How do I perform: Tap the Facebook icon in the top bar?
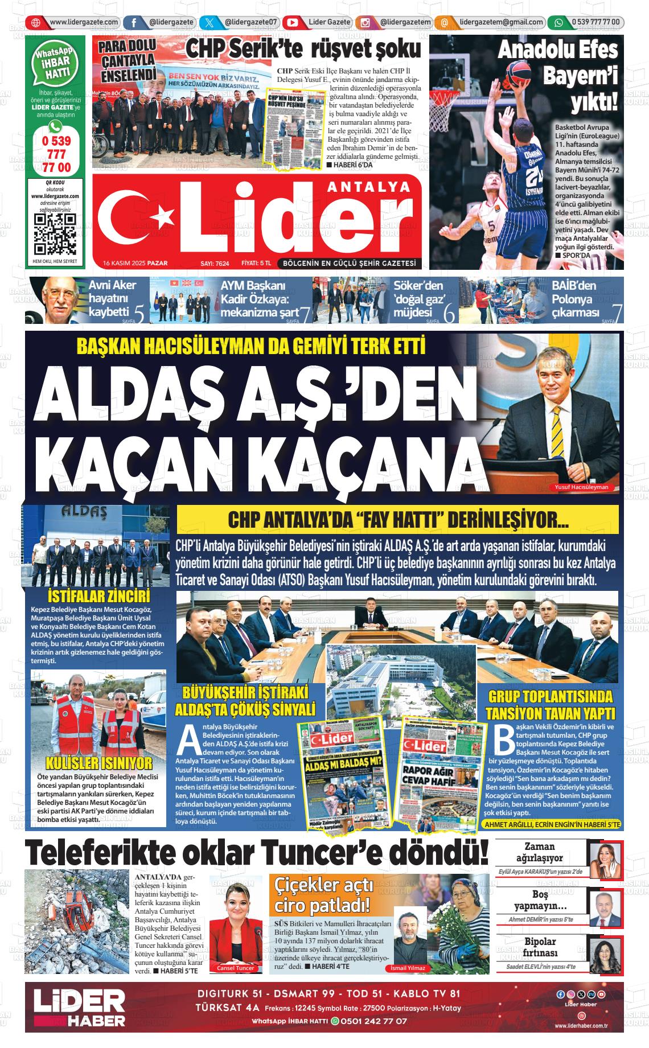(133, 23)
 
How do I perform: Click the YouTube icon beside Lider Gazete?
(293, 23)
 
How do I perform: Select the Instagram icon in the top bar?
(365, 23)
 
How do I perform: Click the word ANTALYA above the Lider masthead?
(370, 186)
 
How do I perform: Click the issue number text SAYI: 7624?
(214, 264)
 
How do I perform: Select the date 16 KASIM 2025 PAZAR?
(131, 264)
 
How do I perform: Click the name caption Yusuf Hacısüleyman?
(581, 487)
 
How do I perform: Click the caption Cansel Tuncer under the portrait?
(235, 968)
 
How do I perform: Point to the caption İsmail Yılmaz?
(408, 968)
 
